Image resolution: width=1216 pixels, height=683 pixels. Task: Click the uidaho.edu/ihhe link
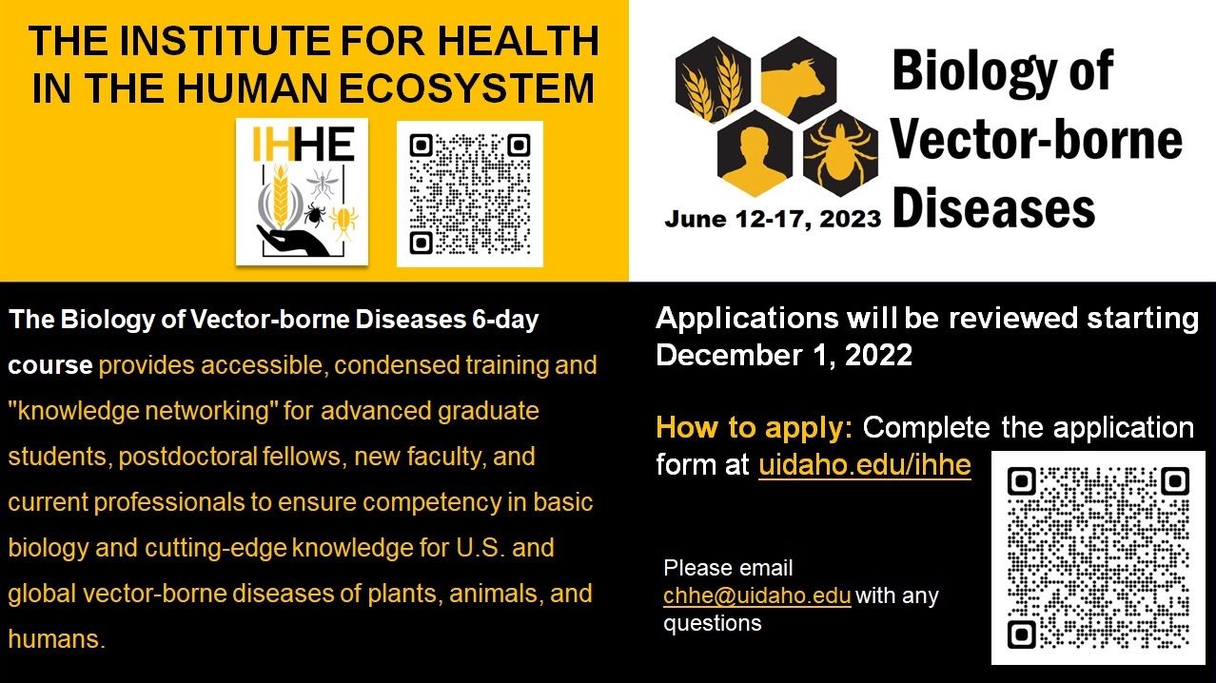tap(865, 465)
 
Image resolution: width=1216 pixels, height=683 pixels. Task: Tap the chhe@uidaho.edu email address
tap(756, 595)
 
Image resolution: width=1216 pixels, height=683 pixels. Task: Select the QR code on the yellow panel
tap(470, 194)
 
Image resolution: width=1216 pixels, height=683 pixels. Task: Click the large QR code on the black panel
tap(1098, 557)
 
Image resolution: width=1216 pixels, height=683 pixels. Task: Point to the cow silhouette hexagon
tap(798, 79)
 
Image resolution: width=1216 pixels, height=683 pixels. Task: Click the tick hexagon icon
tap(840, 153)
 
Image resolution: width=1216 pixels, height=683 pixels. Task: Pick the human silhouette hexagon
tap(755, 153)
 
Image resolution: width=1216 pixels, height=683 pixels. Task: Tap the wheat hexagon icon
tap(713, 79)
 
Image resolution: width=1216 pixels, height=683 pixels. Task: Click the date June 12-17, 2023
tap(773, 219)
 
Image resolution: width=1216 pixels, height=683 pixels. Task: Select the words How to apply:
tap(754, 427)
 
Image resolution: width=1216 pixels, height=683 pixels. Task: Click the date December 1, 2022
tap(784, 355)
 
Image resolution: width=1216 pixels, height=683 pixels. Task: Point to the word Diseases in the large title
tap(993, 208)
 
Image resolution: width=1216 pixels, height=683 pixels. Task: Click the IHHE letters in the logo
tap(304, 144)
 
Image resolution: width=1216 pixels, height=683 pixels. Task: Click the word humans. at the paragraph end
tap(56, 638)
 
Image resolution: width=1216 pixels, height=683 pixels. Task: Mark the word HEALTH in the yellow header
tap(518, 40)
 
